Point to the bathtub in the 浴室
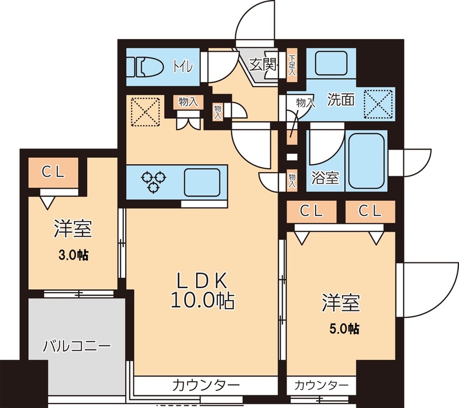(368, 161)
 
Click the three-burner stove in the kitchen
(155, 180)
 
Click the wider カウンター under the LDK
(205, 384)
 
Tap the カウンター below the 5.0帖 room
(321, 384)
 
